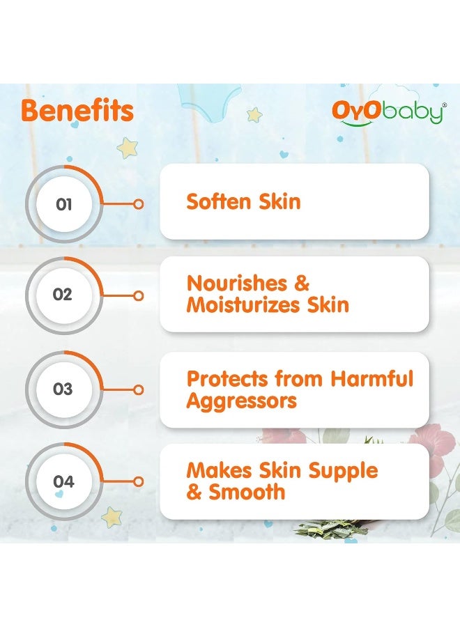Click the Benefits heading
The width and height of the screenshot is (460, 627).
[x=77, y=111]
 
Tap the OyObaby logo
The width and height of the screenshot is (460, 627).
[x=389, y=113]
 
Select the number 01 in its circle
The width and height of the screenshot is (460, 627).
[x=64, y=204]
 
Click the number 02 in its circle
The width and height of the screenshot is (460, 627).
[x=63, y=295]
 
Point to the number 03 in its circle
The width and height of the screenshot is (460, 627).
[x=63, y=389]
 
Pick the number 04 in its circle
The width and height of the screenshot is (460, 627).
[x=63, y=481]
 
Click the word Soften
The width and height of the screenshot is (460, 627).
[x=219, y=201]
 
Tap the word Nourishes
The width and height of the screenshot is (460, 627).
[x=237, y=284]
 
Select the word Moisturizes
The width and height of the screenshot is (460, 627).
[x=243, y=305]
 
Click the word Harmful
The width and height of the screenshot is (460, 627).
[x=371, y=378]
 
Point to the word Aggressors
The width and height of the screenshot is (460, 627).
[x=242, y=401]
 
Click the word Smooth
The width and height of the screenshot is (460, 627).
[x=247, y=492]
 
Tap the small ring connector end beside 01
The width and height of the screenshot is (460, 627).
[x=139, y=204]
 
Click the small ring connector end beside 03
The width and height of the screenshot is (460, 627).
[x=139, y=390]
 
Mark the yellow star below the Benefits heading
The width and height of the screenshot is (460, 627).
[x=128, y=147]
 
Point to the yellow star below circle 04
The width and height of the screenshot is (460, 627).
[x=112, y=518]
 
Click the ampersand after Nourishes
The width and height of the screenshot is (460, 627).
[x=302, y=284]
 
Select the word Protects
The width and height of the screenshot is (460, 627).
[x=227, y=379]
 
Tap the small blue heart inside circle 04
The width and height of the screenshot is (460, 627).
[x=59, y=495]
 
